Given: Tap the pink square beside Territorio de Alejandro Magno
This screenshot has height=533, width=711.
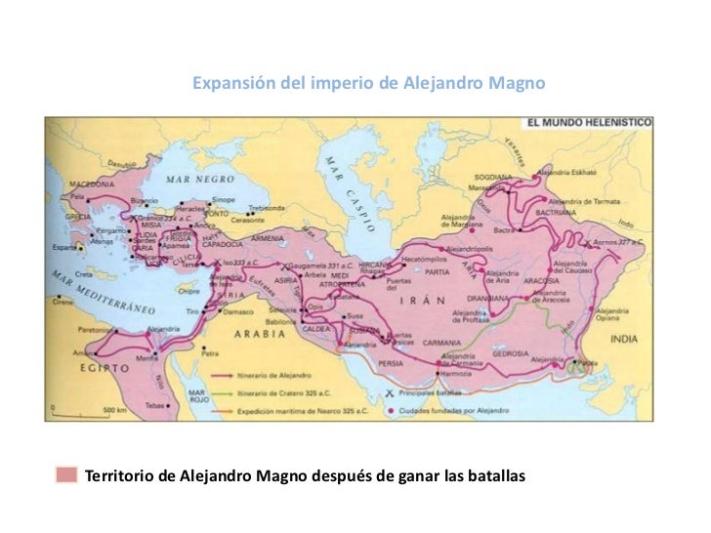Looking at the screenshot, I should click(x=66, y=475).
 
